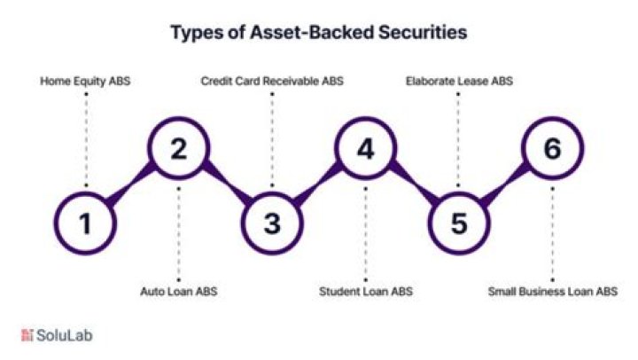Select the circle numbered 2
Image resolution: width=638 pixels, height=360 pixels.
[179, 150]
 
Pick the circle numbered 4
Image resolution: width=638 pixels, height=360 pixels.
[365, 150]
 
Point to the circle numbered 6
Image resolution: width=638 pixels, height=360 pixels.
[552, 150]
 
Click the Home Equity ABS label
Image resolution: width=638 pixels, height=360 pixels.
[85, 82]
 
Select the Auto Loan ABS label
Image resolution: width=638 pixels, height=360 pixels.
[179, 290]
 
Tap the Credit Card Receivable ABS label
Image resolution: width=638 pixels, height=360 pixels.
[272, 82]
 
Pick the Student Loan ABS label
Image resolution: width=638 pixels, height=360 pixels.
[365, 290]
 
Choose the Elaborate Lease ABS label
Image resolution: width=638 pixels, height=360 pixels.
[459, 82]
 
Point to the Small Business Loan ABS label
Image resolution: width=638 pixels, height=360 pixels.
[553, 290]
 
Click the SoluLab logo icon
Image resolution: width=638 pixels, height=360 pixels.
[27, 335]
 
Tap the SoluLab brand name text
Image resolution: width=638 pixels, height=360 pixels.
[64, 335]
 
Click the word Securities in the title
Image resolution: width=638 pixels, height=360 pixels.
[420, 33]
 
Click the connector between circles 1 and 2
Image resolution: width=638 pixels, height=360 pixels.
[132, 186]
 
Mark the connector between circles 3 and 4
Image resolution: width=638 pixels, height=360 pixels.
[319, 186]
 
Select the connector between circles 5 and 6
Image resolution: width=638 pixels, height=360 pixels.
[505, 186]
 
